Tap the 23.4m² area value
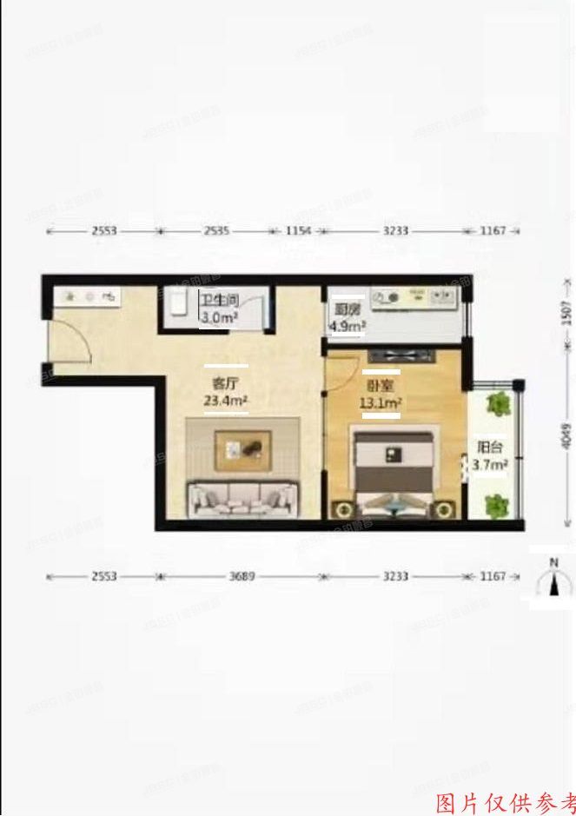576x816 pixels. pos(226,401)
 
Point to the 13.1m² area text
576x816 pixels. pos(381,403)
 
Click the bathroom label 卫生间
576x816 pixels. pos(218,302)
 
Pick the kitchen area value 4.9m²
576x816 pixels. pos(347,327)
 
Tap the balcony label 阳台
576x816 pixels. pos(489,448)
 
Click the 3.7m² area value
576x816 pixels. pos(490,466)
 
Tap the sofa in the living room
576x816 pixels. pos(241,497)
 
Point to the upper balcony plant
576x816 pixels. pos(499,402)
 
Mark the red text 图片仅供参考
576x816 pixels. pos(504,801)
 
